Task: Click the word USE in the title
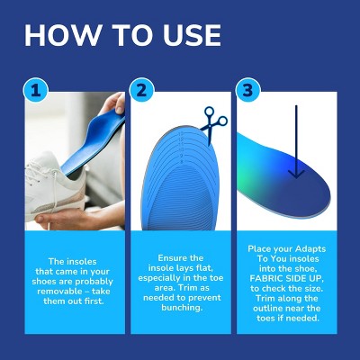tap(193, 35)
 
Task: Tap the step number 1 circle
tap(36, 90)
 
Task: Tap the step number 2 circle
tap(141, 90)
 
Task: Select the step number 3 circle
tap(247, 90)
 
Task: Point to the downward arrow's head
tap(296, 174)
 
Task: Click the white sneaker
tap(56, 189)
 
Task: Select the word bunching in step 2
tap(182, 308)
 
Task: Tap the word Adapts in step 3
tap(310, 249)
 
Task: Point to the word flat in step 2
tap(204, 267)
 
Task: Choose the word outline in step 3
tap(267, 309)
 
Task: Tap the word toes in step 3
tap(265, 318)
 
